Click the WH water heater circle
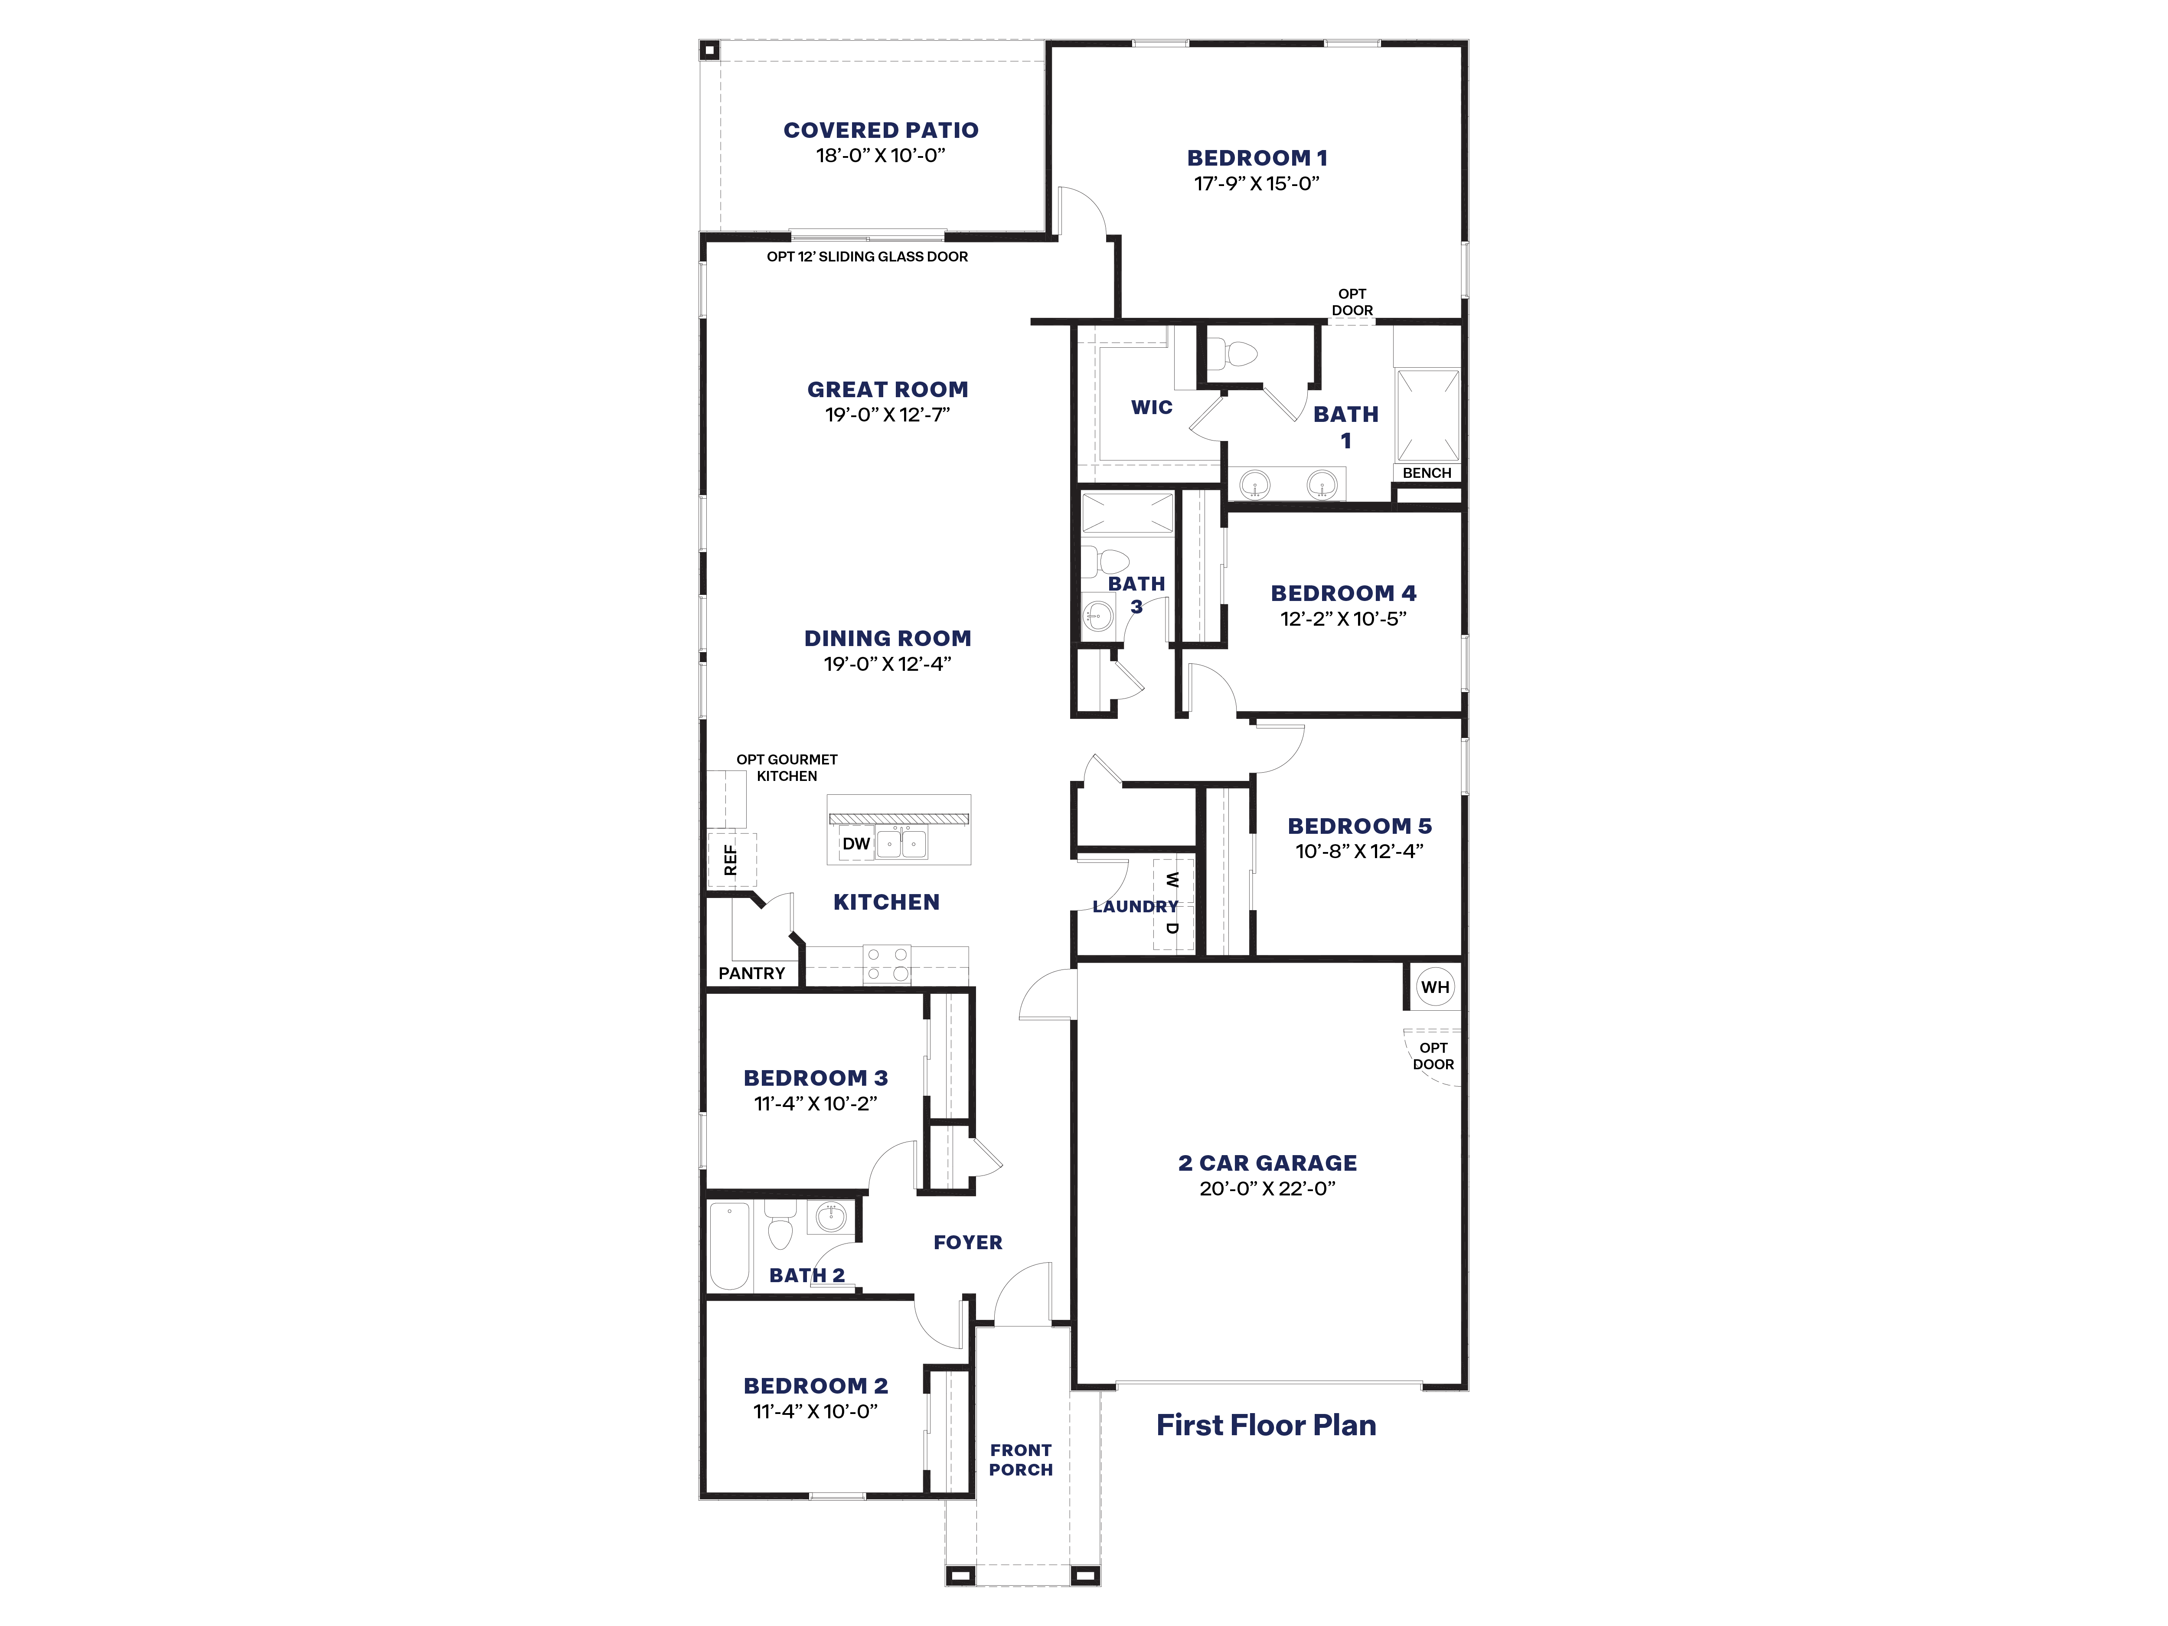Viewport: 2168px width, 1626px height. click(x=1435, y=987)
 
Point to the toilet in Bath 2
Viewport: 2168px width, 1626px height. click(x=780, y=1225)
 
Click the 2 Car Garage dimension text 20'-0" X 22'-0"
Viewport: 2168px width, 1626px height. click(x=1267, y=1188)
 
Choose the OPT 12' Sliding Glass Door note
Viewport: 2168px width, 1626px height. click(x=867, y=257)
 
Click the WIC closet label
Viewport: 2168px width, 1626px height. click(x=1152, y=407)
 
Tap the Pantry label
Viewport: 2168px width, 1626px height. click(x=752, y=973)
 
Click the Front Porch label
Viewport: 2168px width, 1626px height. click(x=1020, y=1459)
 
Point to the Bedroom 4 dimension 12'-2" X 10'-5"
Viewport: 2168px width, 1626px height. click(x=1343, y=618)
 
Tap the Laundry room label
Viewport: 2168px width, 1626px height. click(x=1135, y=907)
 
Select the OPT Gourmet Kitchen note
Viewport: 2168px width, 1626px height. click(x=787, y=767)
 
